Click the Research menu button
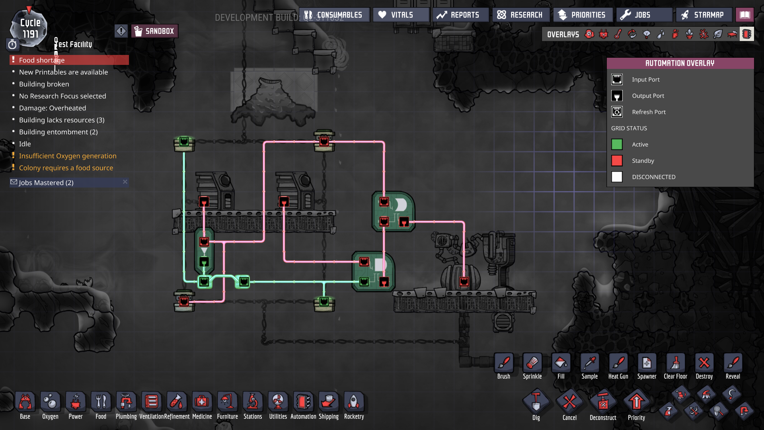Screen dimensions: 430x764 [x=520, y=15]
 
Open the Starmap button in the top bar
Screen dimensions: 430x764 [x=704, y=15]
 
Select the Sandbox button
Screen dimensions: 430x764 [x=154, y=31]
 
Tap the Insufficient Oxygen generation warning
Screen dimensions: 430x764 [x=68, y=156]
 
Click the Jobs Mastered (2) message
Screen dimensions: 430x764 [x=46, y=183]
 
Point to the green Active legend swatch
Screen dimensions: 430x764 [x=617, y=145]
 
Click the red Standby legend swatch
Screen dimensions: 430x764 [x=617, y=161]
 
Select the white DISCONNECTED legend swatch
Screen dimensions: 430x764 [x=617, y=177]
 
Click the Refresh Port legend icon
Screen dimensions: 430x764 [x=617, y=112]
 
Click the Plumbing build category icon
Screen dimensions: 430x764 [x=126, y=402]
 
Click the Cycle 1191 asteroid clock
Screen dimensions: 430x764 [x=29, y=28]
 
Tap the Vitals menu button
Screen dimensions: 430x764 [x=401, y=15]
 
